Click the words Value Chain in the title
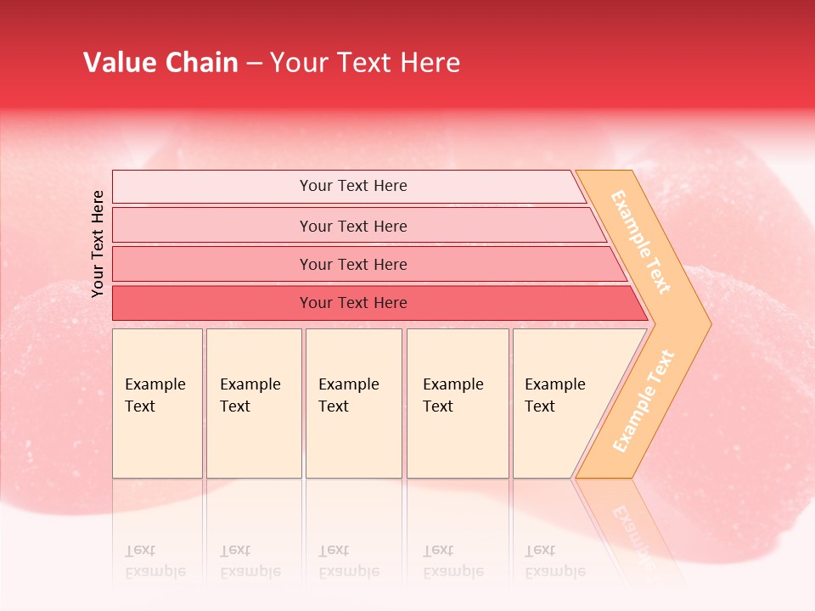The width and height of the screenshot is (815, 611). pos(160,63)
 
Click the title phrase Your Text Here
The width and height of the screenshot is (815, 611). pos(365,63)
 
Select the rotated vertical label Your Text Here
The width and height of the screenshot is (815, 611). pos(98,244)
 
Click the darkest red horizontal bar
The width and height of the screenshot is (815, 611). pos(212,303)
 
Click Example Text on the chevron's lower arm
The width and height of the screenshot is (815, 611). pos(644,401)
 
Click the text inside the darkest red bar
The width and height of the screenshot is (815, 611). pos(353,303)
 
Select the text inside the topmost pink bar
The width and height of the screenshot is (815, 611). pos(353,186)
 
